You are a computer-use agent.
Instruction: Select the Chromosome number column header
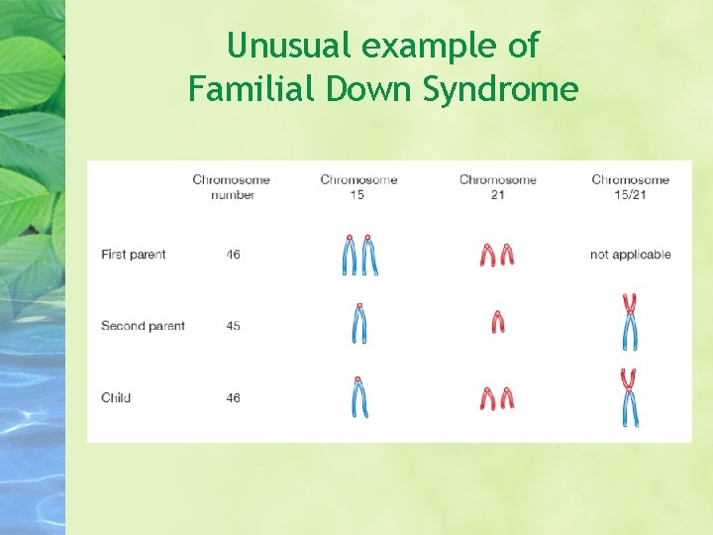pos(232,187)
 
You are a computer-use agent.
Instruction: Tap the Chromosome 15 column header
pos(358,187)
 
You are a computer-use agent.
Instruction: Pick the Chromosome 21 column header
pos(498,187)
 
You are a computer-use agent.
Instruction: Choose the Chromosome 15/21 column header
pos(630,187)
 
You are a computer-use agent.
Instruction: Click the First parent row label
pos(134,255)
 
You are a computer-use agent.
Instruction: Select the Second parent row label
pos(143,326)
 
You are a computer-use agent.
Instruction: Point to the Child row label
pos(116,398)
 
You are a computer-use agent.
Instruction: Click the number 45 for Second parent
pos(233,326)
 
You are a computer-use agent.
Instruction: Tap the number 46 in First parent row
pos(233,255)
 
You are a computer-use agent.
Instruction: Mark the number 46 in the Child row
pos(233,398)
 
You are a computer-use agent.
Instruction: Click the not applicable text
pos(630,255)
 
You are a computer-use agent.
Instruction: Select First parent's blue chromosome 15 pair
pos(359,255)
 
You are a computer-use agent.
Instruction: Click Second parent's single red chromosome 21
pos(498,322)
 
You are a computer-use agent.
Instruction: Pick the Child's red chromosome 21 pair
pos(497,398)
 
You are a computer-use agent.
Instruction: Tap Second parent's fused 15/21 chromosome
pos(630,322)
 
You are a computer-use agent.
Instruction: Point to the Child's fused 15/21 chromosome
pos(629,397)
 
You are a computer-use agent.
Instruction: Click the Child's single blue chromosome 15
pos(359,397)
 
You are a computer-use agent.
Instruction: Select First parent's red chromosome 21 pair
pos(497,256)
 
